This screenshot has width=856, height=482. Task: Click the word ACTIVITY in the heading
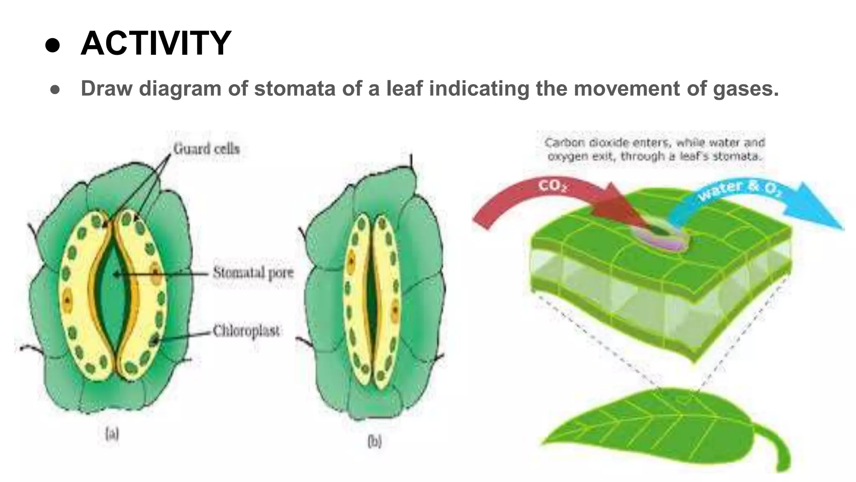point(155,43)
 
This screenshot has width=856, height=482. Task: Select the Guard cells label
point(206,149)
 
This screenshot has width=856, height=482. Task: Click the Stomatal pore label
point(253,273)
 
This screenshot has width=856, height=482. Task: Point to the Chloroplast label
point(246,331)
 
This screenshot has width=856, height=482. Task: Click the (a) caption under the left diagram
point(112,434)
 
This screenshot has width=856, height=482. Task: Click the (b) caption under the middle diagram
point(374,441)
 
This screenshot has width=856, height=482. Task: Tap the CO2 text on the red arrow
point(552,185)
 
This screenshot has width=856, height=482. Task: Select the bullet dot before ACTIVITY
point(53,45)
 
